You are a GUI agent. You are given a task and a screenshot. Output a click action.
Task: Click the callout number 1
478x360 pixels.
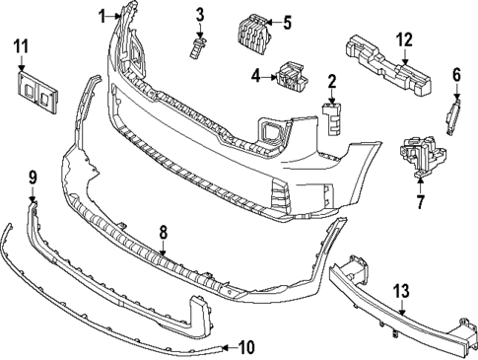coord(102,15)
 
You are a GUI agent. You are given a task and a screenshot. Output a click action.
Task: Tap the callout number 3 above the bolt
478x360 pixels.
coord(199,14)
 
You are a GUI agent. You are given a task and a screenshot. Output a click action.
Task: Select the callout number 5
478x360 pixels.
coord(287,22)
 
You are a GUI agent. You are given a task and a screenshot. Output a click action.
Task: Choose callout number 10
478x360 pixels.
coord(245,347)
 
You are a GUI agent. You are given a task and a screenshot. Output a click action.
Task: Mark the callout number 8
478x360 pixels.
coord(164,233)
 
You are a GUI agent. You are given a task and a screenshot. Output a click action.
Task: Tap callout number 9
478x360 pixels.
coord(33,178)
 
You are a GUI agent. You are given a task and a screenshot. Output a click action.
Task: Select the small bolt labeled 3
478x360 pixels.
coord(200,43)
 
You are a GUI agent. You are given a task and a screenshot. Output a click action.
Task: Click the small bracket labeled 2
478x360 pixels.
coord(332,116)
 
